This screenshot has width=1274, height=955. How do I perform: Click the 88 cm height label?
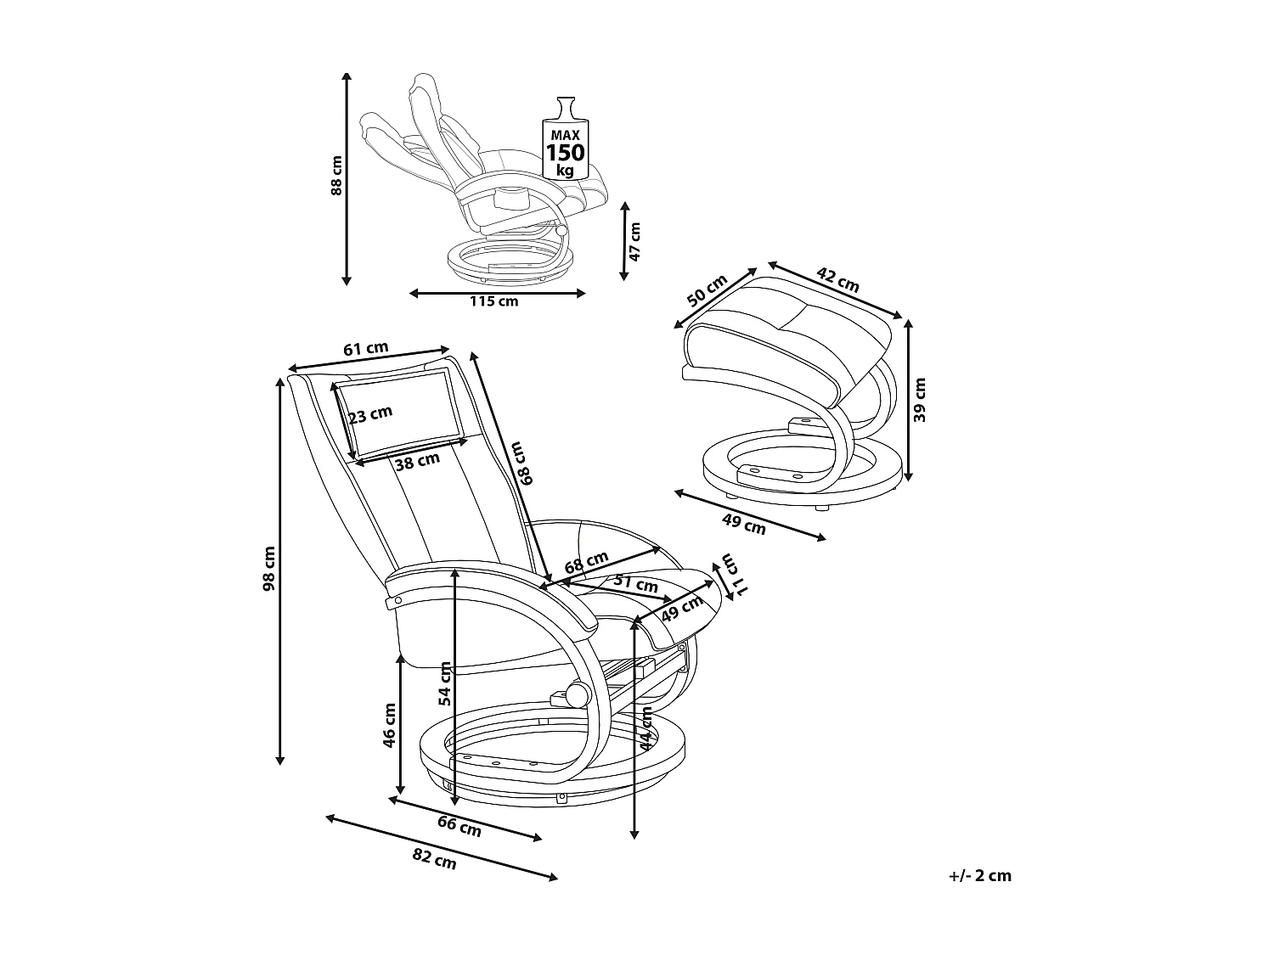click(x=336, y=176)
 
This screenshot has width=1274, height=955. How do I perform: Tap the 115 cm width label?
click(x=493, y=302)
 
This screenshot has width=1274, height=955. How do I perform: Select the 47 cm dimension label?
click(x=634, y=241)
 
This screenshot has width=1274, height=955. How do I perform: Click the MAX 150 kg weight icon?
click(x=565, y=141)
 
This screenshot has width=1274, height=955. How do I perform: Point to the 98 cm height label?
click(x=270, y=568)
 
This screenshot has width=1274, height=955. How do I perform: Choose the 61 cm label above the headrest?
click(x=366, y=349)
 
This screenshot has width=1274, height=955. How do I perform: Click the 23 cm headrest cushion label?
click(x=370, y=414)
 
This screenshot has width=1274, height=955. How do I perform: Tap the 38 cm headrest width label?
click(x=417, y=461)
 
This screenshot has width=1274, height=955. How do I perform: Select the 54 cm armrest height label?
click(x=444, y=683)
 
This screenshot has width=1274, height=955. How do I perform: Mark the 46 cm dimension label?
click(x=389, y=724)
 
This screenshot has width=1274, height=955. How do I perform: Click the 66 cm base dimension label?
click(x=459, y=825)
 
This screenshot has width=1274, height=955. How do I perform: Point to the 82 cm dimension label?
click(x=435, y=859)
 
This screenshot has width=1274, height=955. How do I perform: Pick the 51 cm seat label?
click(x=636, y=585)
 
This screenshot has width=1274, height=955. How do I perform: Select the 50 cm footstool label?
click(x=707, y=291)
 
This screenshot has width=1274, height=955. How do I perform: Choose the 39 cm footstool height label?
click(x=920, y=399)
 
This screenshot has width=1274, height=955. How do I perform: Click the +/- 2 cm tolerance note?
click(x=980, y=876)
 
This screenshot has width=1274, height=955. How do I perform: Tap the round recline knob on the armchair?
click(x=578, y=696)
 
